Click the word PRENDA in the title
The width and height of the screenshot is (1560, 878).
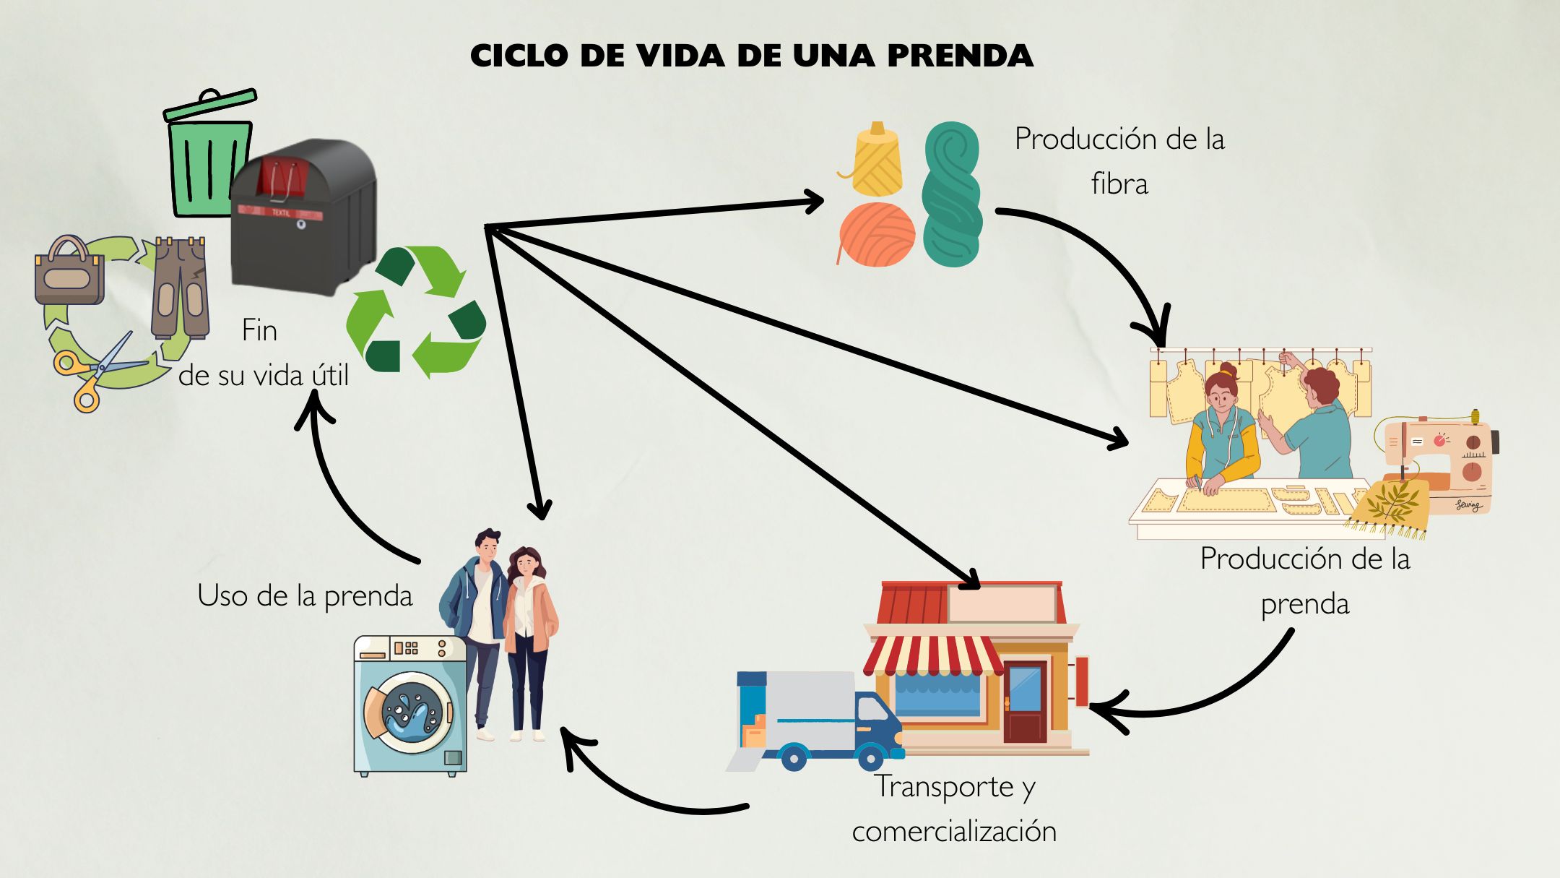(x=960, y=56)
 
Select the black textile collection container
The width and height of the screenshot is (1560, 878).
(x=303, y=217)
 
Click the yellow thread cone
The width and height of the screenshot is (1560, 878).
(x=877, y=160)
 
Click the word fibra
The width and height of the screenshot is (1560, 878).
(x=1119, y=184)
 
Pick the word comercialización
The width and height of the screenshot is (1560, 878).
(x=954, y=832)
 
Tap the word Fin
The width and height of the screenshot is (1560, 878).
(x=259, y=331)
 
